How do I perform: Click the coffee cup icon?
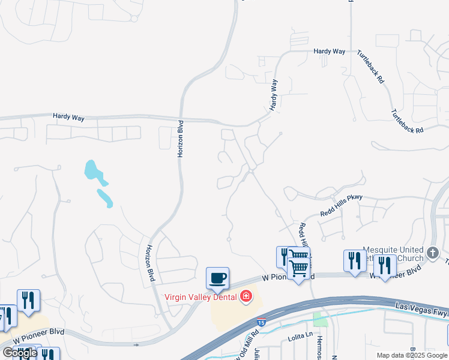click(x=217, y=278)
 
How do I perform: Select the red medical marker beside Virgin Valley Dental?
click(x=246, y=296)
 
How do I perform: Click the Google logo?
click(x=19, y=353)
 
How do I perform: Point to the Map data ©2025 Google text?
click(x=412, y=355)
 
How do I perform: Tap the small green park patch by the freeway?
click(x=321, y=319)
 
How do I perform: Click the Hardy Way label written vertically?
click(x=274, y=94)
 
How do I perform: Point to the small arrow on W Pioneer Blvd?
click(x=137, y=344)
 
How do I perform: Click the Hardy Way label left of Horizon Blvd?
click(x=68, y=118)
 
